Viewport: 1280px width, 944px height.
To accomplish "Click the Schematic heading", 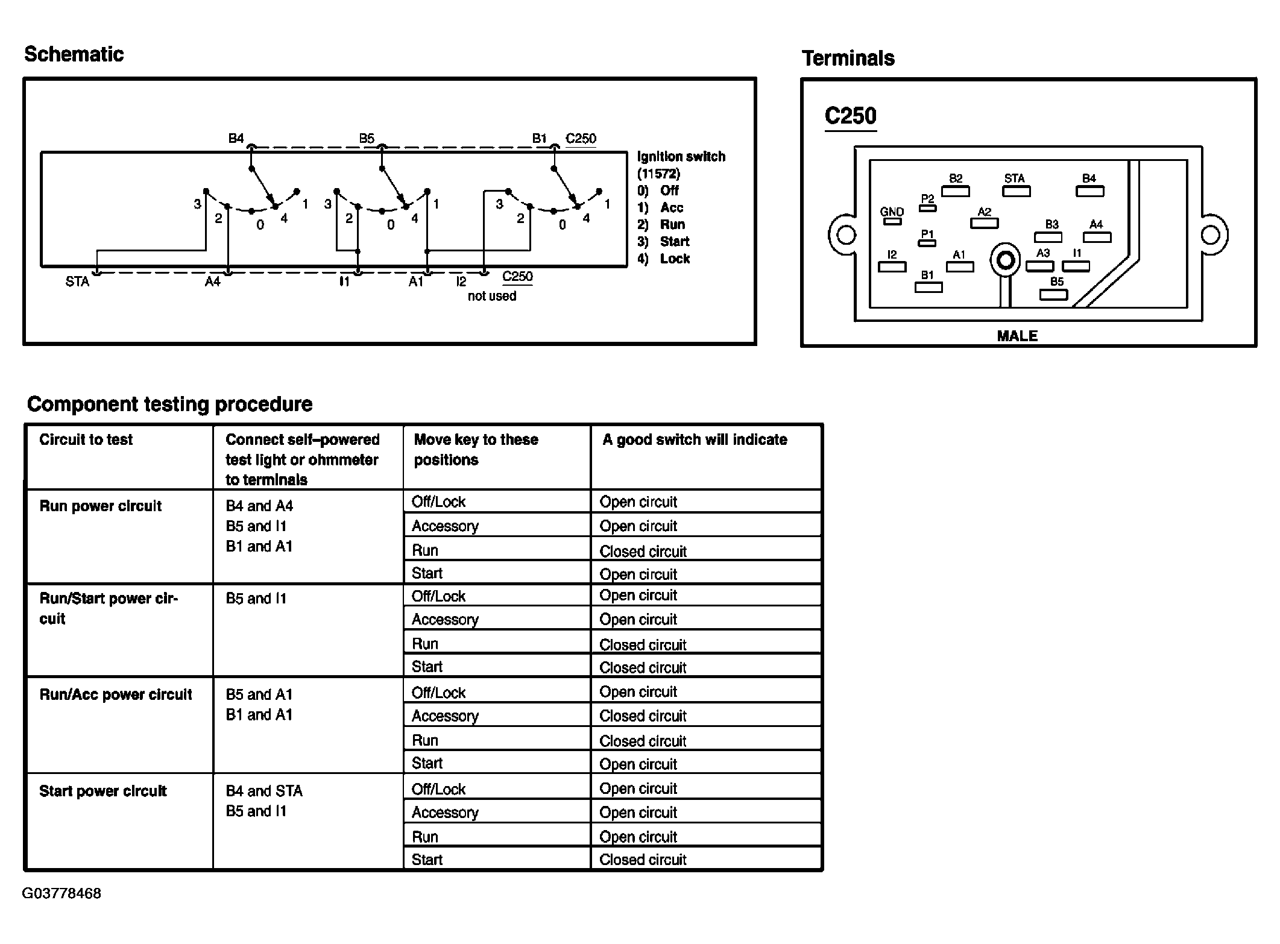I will (74, 54).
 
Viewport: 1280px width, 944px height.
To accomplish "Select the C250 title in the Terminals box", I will (850, 116).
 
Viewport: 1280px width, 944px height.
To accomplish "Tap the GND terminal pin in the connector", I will (892, 221).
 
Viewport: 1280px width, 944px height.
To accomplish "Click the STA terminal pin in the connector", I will (1016, 192).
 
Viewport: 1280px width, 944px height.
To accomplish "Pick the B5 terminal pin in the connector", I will (1053, 295).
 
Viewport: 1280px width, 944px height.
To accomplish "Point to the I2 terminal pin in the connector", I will (892, 266).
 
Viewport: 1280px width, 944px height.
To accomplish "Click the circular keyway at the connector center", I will (1005, 260).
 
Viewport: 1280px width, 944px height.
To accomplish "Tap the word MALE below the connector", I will (1017, 336).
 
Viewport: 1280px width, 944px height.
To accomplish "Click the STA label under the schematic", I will (77, 282).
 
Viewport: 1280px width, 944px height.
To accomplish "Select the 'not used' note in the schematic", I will (492, 296).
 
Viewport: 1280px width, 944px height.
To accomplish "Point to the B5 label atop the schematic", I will (367, 138).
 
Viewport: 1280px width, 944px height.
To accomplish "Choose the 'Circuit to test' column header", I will (86, 439).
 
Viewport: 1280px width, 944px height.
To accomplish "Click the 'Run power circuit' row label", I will (101, 506).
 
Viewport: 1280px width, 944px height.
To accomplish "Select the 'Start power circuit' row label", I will (102, 791).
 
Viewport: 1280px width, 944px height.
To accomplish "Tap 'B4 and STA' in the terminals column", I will (264, 791).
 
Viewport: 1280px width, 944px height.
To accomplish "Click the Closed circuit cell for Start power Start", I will (643, 860).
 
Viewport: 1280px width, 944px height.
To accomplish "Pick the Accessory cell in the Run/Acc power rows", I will (445, 716).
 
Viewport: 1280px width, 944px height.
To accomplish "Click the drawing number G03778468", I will (61, 893).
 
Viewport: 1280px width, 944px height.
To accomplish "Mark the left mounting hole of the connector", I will (846, 234).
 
